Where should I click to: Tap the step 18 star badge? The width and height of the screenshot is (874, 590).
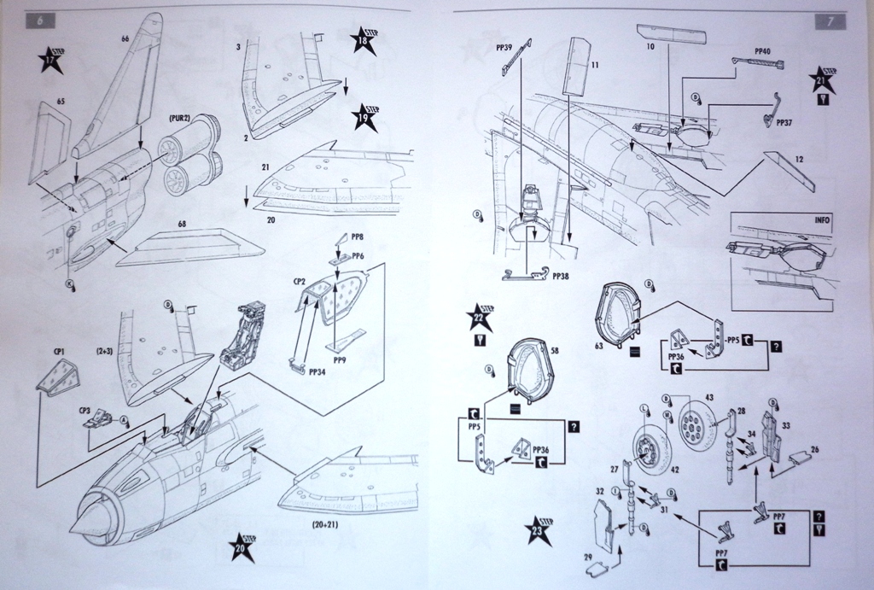(x=364, y=42)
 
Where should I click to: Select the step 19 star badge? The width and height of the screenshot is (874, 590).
(x=365, y=116)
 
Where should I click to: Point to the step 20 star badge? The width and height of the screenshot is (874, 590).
(x=242, y=547)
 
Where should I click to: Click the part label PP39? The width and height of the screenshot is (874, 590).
(x=504, y=49)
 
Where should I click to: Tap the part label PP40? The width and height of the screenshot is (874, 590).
(x=763, y=50)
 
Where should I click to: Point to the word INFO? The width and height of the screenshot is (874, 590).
(x=822, y=219)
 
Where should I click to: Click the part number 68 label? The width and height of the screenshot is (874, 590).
(x=182, y=225)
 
